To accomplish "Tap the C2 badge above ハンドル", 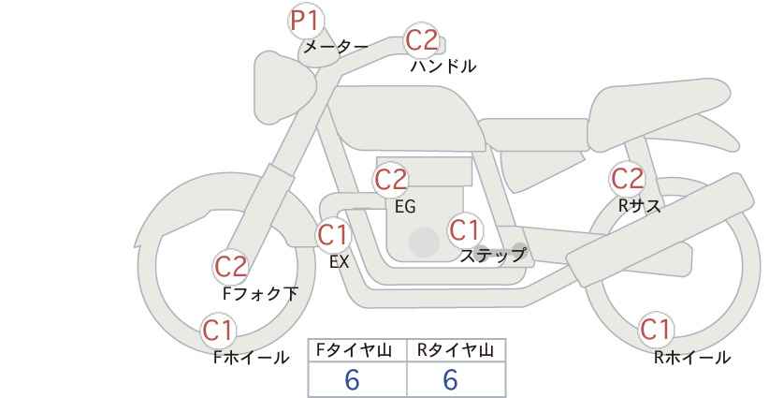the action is coord(422,40).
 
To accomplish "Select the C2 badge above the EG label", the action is coord(391,180).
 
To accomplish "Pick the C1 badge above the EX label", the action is coord(333,235).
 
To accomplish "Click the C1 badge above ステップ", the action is coord(464,229).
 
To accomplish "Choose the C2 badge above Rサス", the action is coord(627,178).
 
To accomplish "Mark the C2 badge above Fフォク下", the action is coord(230,267).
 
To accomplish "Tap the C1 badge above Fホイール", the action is coord(218,331).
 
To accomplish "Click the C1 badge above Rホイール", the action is coord(655,330).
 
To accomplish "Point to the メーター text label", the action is coord(336,47).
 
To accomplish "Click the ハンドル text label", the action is coord(443,66).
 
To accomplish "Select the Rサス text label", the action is coord(639,206).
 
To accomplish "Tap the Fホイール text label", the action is coord(251,358).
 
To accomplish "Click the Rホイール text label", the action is coord(692,358).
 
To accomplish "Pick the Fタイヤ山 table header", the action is coord(354,350).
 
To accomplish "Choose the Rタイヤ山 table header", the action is coord(456,350).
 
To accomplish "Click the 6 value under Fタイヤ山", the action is coord(352,379).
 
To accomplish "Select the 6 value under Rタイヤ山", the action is coord(450,379).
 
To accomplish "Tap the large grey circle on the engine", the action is coord(424,242).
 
